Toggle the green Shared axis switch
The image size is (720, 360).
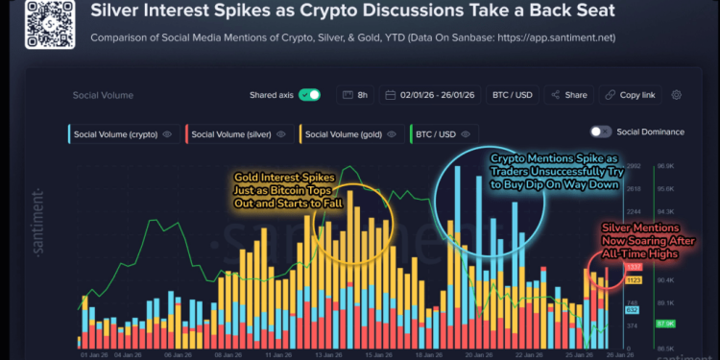coord(309,95)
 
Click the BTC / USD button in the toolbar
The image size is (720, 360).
coord(513,95)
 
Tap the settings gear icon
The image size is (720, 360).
coord(677,95)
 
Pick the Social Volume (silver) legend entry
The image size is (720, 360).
coord(237,133)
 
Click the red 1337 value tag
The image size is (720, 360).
coord(634,266)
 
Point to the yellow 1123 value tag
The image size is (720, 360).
coord(634,280)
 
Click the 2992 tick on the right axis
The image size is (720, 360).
coord(633,166)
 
